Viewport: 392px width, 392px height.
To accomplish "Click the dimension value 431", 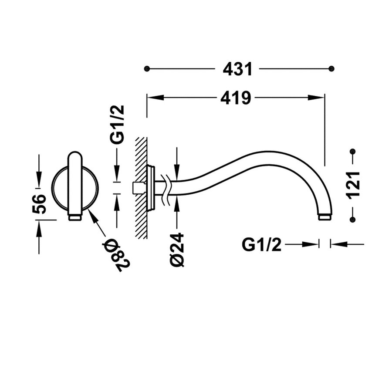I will click(237, 69).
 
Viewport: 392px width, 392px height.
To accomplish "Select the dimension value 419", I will click(235, 98).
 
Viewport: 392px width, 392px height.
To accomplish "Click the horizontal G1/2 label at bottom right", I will click(261, 245).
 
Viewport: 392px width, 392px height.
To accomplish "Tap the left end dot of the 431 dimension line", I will click(147, 69).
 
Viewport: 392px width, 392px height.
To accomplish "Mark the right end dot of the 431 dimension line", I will click(331, 69).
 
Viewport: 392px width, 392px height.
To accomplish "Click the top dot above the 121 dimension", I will click(353, 152).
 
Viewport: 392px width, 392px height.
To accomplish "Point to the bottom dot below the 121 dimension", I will click(353, 220).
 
